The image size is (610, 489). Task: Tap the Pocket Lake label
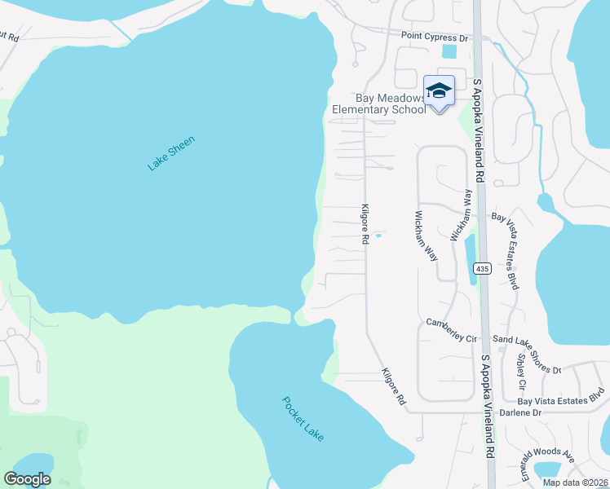click(x=303, y=419)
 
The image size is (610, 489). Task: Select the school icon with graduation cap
click(x=439, y=92)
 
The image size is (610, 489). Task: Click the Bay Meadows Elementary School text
click(x=379, y=104)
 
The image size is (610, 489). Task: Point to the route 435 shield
click(x=482, y=268)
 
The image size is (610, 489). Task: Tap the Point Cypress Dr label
click(x=435, y=37)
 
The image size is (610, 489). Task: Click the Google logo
click(x=28, y=479)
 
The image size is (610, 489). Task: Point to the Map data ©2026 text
click(x=575, y=482)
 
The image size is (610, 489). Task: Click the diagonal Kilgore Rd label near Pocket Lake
click(x=394, y=387)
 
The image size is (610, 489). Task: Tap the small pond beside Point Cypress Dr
click(x=449, y=51)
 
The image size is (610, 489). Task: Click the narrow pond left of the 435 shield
click(x=470, y=259)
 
